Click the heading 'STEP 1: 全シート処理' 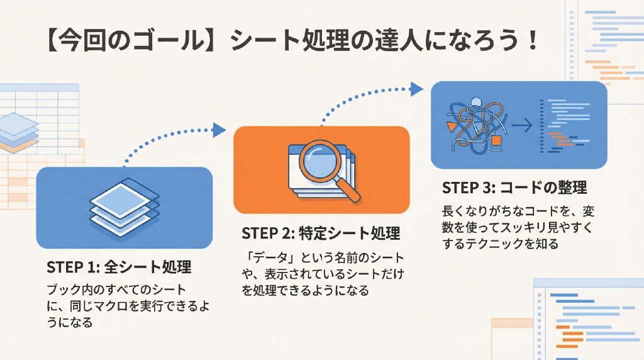119,267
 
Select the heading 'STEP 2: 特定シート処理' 321,233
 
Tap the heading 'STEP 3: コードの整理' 514,188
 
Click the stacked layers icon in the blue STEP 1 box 125,208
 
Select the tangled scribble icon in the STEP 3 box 477,126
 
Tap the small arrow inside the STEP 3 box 521,125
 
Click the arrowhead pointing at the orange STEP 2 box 219,130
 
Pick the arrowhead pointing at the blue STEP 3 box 417,89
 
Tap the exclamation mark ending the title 533,41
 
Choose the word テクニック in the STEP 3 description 495,244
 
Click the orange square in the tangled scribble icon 496,140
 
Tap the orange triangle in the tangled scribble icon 452,126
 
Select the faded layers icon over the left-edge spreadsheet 18,132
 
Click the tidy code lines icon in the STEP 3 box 565,125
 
